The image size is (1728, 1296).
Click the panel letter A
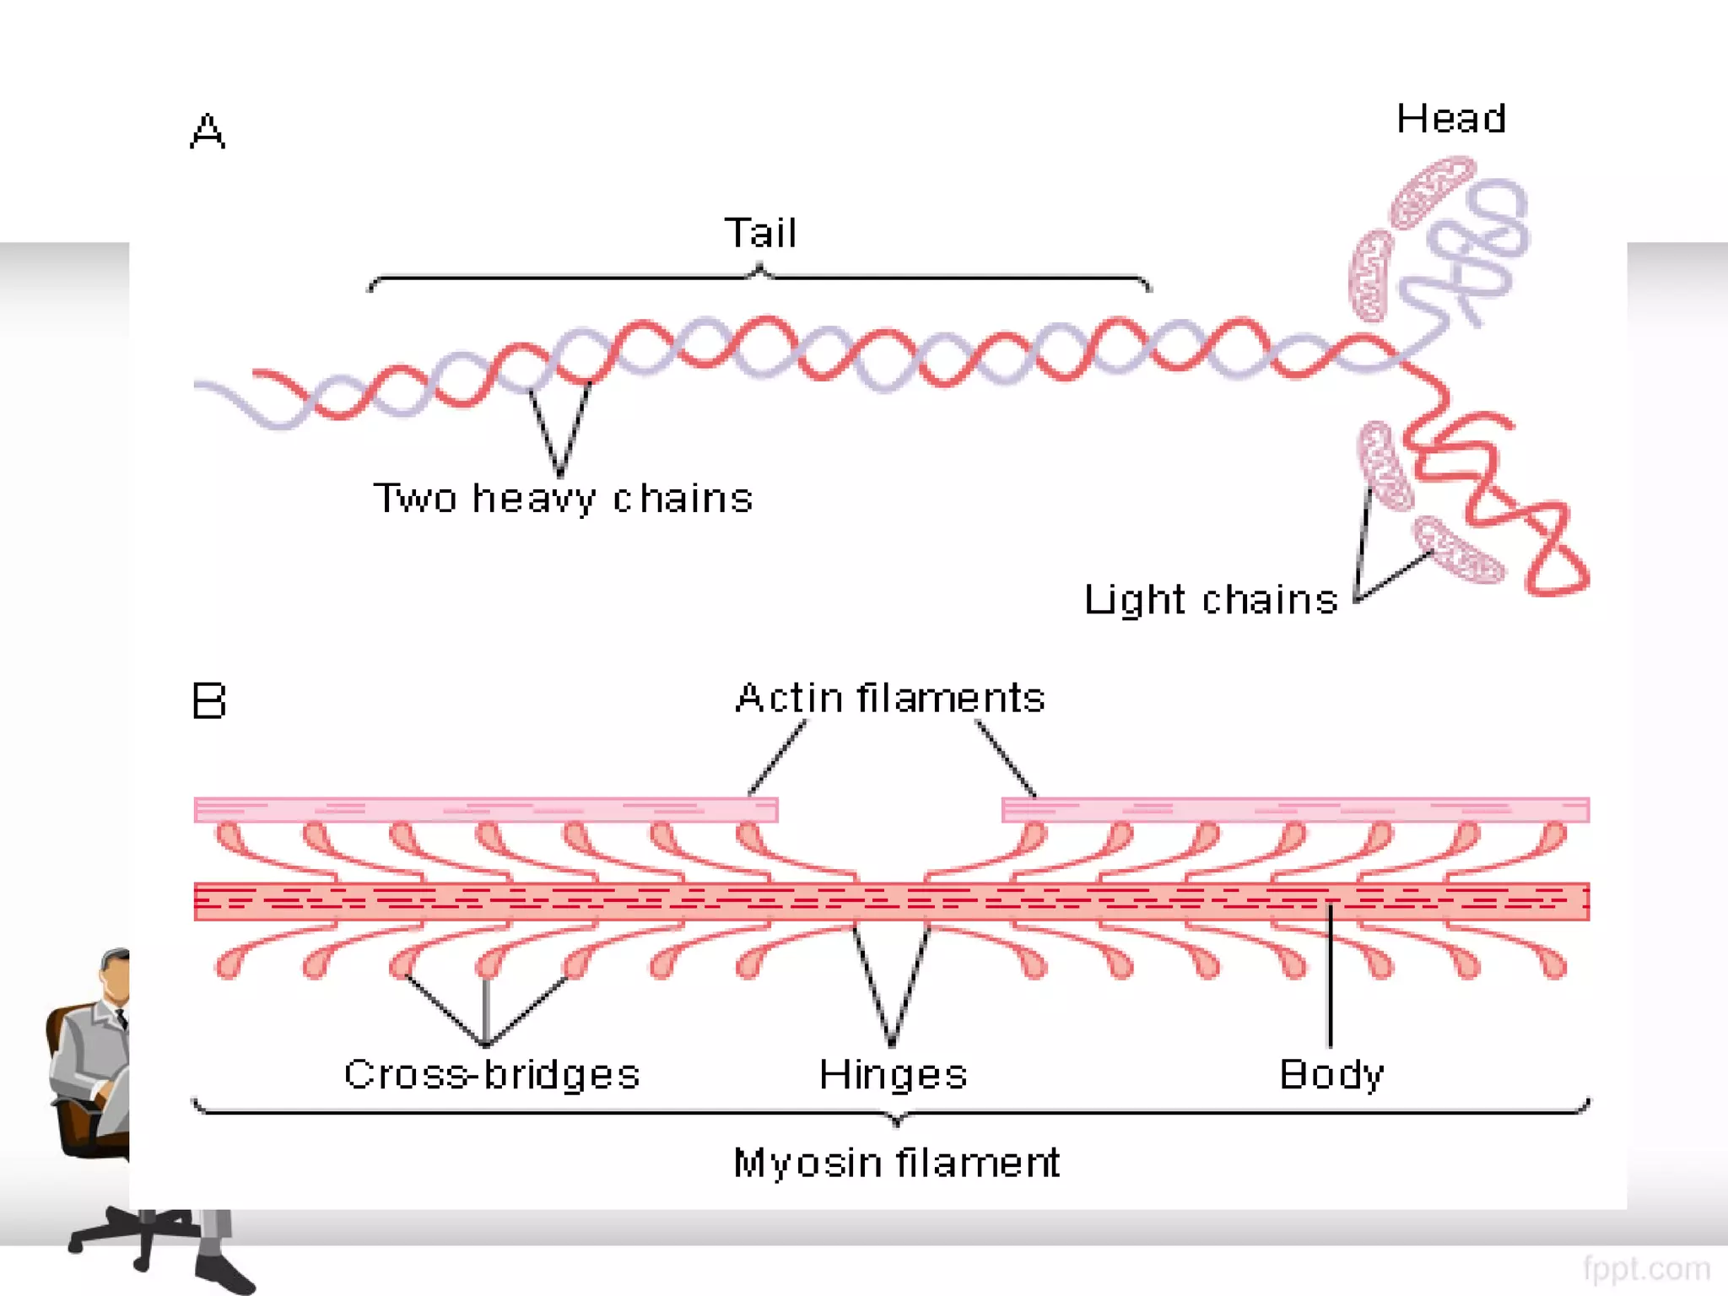[208, 132]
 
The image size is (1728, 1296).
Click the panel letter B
[208, 701]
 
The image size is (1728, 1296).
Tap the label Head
[1450, 119]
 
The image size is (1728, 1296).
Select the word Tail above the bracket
[760, 233]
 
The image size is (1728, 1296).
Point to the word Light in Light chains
[1135, 600]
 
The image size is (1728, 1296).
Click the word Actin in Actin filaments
[789, 699]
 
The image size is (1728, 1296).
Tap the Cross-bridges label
[492, 1074]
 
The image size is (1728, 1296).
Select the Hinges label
[893, 1075]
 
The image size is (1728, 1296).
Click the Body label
[1331, 1074]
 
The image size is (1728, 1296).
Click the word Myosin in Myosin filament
[807, 1163]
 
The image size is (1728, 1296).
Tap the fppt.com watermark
[1646, 1268]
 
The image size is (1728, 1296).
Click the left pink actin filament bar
[485, 810]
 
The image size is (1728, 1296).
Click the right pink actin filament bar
[1295, 810]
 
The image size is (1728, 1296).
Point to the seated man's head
[116, 975]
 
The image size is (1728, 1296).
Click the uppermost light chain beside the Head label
[1431, 192]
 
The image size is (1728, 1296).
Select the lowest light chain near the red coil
[1459, 551]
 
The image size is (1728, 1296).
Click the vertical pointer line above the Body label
[1331, 979]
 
